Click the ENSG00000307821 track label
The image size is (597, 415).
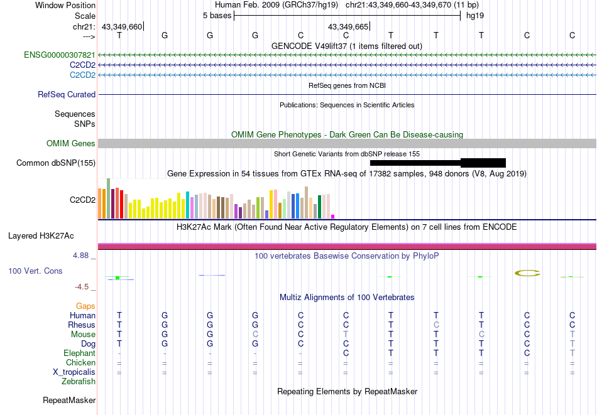60,55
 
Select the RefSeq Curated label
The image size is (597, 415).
67,95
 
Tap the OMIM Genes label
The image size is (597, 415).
71,144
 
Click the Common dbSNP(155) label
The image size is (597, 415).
56,163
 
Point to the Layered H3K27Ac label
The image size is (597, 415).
41,236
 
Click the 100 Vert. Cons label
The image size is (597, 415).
35,271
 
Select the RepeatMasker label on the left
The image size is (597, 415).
69,400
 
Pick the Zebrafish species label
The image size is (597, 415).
79,381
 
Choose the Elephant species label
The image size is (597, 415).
79,353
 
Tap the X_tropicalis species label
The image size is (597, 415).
74,372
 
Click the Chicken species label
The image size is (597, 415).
80,363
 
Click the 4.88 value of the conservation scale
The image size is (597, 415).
82,256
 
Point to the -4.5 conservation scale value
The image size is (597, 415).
84,287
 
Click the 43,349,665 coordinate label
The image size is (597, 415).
348,27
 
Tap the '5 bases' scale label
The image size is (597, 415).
217,16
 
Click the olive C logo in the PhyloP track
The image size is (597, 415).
527,273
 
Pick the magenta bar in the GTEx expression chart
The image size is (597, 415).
332,216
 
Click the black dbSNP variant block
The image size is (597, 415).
483,163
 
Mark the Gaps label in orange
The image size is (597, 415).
85,306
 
